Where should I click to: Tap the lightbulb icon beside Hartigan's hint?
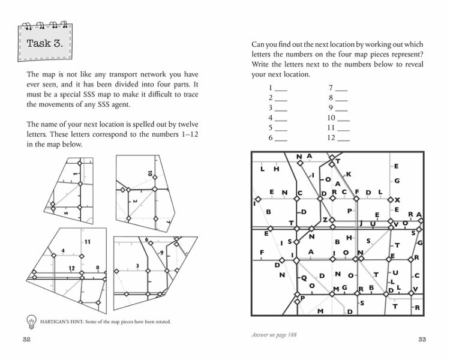(x=30, y=320)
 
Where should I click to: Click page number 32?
(x=26, y=340)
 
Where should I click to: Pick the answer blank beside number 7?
(x=341, y=89)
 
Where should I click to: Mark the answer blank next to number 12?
(x=343, y=139)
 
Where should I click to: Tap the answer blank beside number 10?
(x=343, y=119)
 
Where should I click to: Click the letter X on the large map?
(x=397, y=199)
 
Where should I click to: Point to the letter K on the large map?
(x=349, y=174)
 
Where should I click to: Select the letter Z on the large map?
(x=325, y=220)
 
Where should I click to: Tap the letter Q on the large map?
(x=304, y=277)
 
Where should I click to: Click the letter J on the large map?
(x=361, y=223)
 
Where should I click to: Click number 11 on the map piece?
(x=87, y=242)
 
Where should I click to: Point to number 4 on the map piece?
(x=63, y=250)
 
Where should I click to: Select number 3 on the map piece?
(x=137, y=265)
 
